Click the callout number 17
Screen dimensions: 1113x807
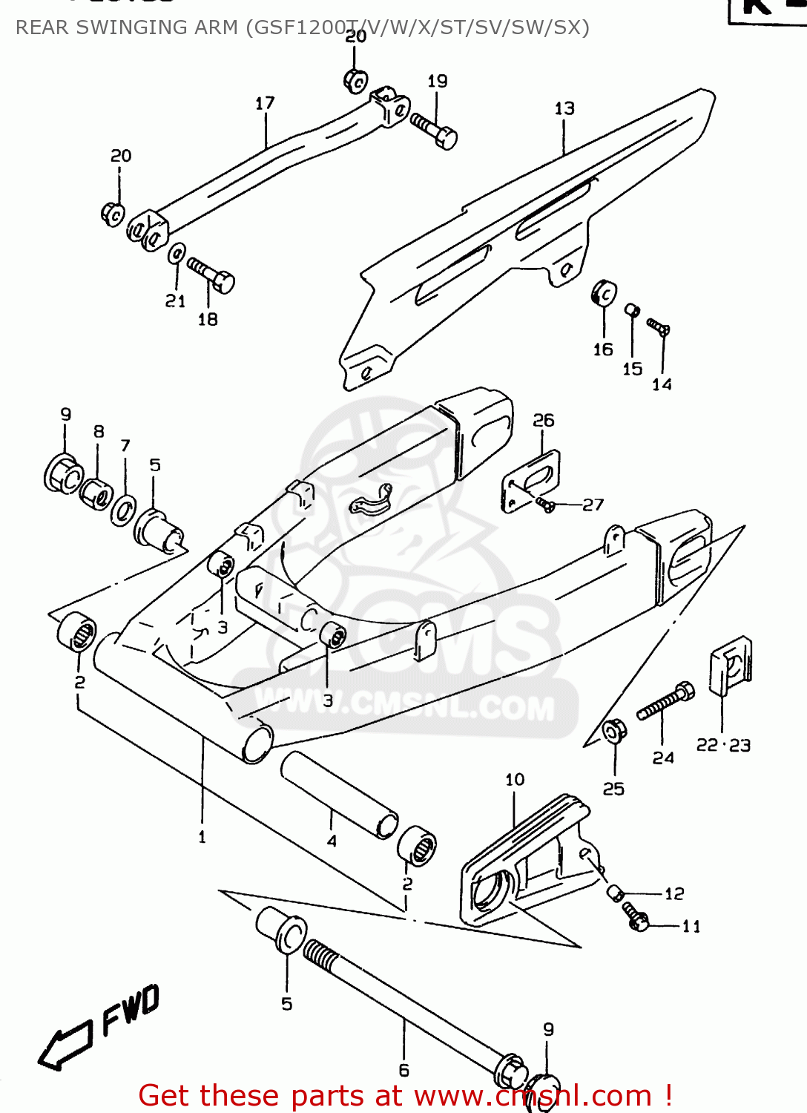tap(265, 103)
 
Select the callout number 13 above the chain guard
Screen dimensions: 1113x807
tap(564, 108)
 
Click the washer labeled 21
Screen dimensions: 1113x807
tap(177, 254)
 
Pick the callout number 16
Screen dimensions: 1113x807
tap(603, 349)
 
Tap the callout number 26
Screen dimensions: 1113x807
tap(544, 420)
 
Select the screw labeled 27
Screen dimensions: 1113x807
tap(545, 505)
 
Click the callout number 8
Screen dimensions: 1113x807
tap(99, 432)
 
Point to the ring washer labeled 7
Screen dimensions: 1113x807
tap(123, 512)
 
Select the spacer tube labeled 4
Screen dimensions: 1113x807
tap(339, 794)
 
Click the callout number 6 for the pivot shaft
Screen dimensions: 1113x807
tap(403, 1070)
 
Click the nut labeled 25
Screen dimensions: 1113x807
tap(613, 732)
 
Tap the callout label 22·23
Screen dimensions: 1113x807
tap(723, 745)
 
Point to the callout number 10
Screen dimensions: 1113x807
tap(515, 780)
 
